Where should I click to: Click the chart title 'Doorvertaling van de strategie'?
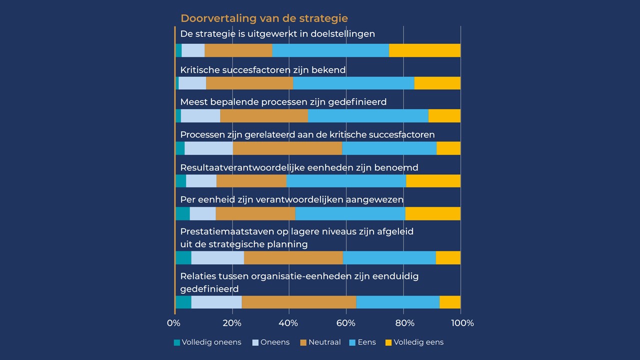(x=264, y=18)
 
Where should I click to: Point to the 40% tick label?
(x=288, y=323)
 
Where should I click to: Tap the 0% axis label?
(x=173, y=323)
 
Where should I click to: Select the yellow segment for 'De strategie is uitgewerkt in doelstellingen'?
(x=424, y=50)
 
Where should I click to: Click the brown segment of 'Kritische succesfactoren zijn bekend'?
(x=249, y=83)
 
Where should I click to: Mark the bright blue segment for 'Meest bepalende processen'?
(x=368, y=115)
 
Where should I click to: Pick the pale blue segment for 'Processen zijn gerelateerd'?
(x=208, y=148)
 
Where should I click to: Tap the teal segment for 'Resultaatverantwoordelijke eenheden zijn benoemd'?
(x=180, y=181)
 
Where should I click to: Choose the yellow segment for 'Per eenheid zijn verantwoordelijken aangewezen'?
(x=432, y=213)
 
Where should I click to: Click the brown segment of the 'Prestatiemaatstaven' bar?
(x=293, y=257)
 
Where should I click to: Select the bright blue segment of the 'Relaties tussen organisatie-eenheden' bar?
(x=397, y=302)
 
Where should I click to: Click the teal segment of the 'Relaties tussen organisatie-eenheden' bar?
(x=183, y=302)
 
